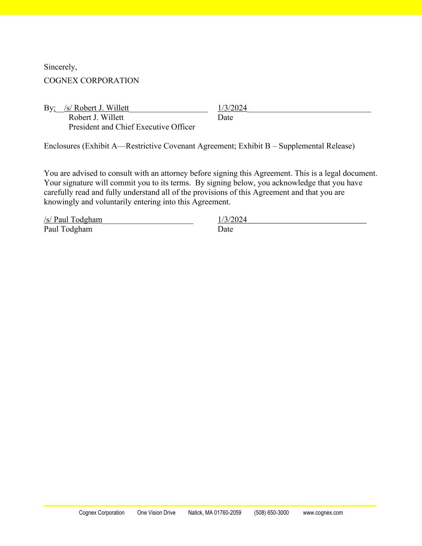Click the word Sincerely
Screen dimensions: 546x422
pyautogui.click(x=60, y=67)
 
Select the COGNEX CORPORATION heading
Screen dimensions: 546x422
pyautogui.click(x=91, y=81)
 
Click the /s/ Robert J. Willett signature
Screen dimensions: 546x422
pyautogui.click(x=96, y=108)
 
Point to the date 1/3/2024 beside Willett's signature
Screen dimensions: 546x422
pyautogui.click(x=232, y=108)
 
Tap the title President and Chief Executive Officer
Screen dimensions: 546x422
pyautogui.click(x=132, y=127)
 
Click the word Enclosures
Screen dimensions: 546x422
pyautogui.click(x=62, y=146)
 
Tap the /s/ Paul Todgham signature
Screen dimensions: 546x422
pyautogui.click(x=73, y=220)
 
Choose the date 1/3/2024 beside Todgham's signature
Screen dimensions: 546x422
pyautogui.click(x=232, y=220)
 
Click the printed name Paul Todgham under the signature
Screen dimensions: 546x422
pyautogui.click(x=68, y=229)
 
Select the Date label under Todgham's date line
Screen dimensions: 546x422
pyautogui.click(x=225, y=229)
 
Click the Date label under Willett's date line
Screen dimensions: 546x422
pyautogui.click(x=225, y=118)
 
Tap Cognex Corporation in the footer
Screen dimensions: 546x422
pyautogui.click(x=102, y=513)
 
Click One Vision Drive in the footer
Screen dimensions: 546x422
pyautogui.click(x=156, y=513)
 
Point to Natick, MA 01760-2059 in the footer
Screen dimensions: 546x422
pyautogui.click(x=214, y=513)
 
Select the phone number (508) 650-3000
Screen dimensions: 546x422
pyautogui.click(x=271, y=513)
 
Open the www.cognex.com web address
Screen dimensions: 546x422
pyautogui.click(x=323, y=513)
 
